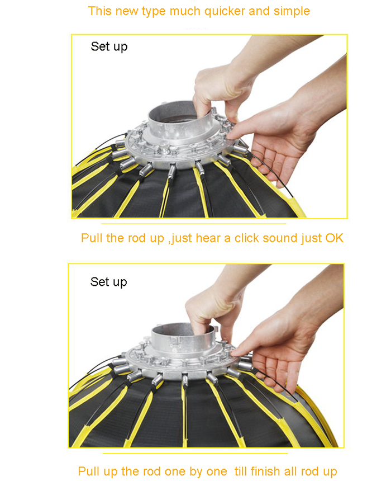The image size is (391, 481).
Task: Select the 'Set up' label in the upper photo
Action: tap(109, 47)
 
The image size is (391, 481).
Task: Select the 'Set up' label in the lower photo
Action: tap(108, 282)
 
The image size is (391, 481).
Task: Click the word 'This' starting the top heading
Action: tap(99, 11)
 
